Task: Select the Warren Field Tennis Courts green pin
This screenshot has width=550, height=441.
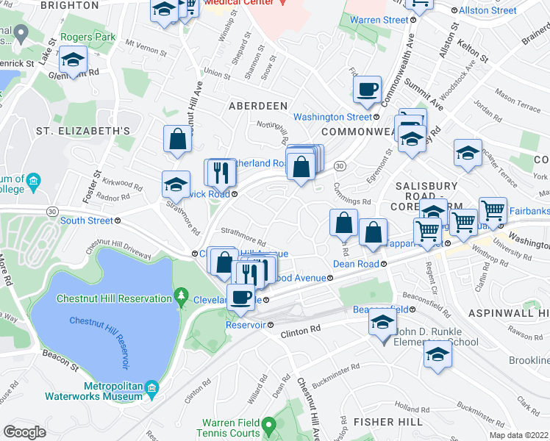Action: (270, 424)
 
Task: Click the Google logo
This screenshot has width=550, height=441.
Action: (25, 432)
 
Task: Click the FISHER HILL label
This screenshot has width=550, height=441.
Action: (388, 422)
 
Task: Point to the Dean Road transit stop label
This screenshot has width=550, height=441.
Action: (356, 264)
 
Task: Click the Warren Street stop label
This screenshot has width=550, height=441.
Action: (379, 20)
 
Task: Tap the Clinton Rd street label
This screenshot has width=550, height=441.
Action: (301, 333)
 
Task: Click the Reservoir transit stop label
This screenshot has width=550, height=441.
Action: (246, 324)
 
